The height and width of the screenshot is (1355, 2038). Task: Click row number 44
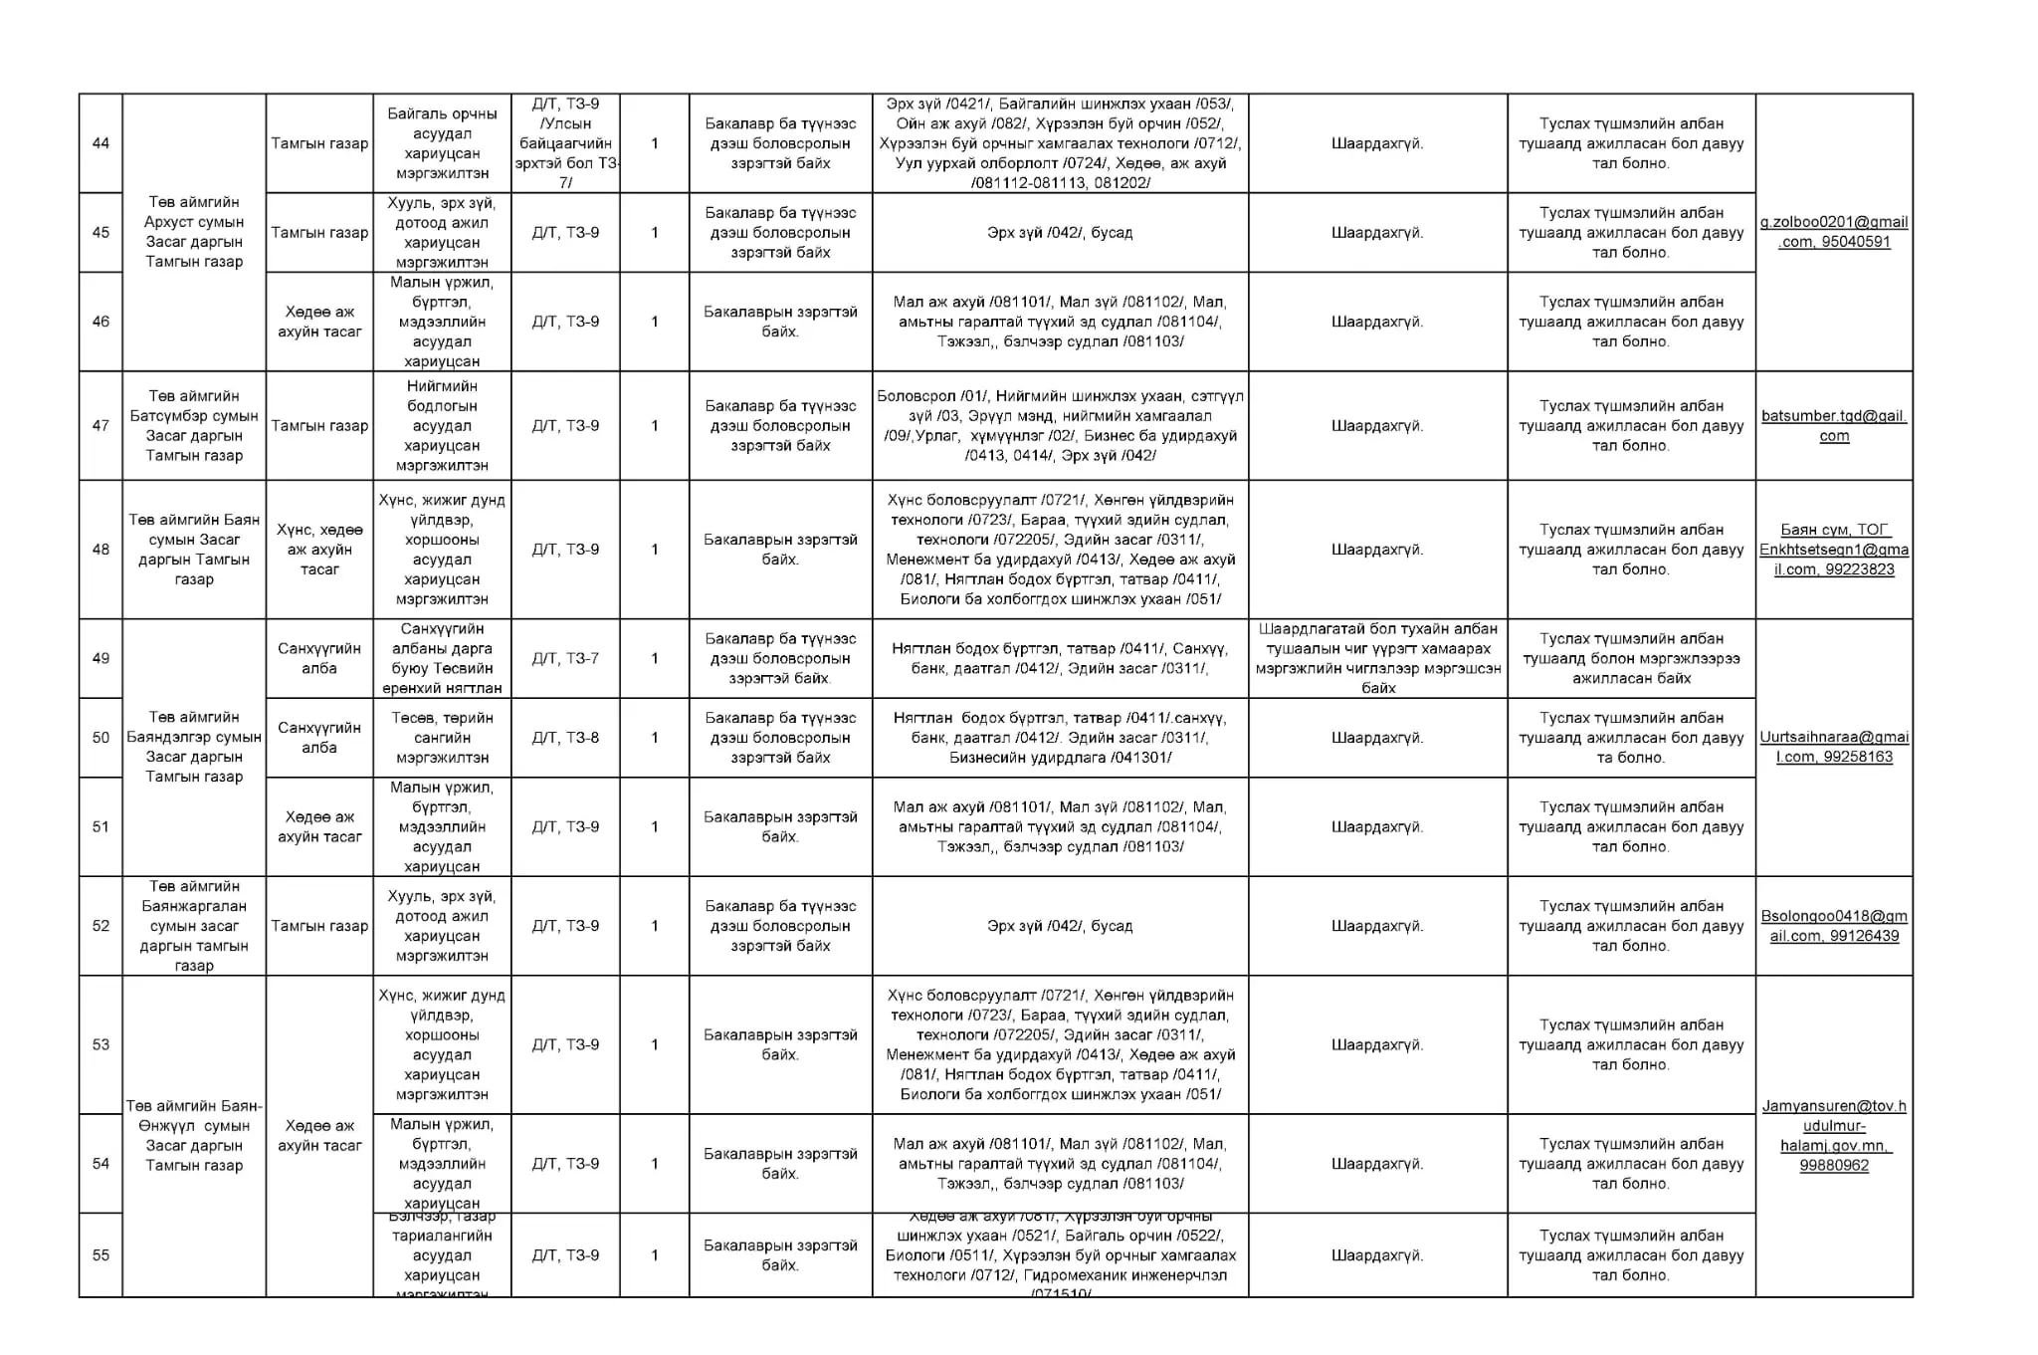pyautogui.click(x=101, y=143)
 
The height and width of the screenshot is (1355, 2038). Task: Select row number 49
pyautogui.click(x=101, y=658)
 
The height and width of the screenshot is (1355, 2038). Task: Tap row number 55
pyautogui.click(x=101, y=1255)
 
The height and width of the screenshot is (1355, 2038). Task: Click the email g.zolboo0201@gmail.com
pyautogui.click(x=1833, y=232)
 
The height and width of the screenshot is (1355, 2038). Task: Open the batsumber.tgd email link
pyautogui.click(x=1833, y=426)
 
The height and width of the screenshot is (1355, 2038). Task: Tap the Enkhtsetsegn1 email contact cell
pyautogui.click(x=1833, y=550)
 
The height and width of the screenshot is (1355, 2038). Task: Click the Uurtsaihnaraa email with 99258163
pyautogui.click(x=1833, y=747)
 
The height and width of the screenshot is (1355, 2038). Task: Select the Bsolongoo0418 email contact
pyautogui.click(x=1833, y=926)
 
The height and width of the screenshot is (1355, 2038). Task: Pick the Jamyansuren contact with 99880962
pyautogui.click(x=1833, y=1135)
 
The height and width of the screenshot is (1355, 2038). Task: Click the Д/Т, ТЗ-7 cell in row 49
pyautogui.click(x=565, y=658)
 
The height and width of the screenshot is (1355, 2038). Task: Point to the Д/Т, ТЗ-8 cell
pyautogui.click(x=565, y=738)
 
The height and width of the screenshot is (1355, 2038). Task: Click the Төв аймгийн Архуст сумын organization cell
pyautogui.click(x=194, y=232)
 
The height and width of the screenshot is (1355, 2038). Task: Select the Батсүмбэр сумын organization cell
pyautogui.click(x=194, y=426)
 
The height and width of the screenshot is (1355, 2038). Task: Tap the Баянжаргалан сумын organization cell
pyautogui.click(x=194, y=926)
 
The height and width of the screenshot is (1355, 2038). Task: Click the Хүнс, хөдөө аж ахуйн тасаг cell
pyautogui.click(x=319, y=550)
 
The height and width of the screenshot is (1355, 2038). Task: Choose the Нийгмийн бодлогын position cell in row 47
pyautogui.click(x=442, y=426)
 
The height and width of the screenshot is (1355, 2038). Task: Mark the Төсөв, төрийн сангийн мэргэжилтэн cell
pyautogui.click(x=442, y=738)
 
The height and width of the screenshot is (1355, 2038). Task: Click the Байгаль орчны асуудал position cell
pyautogui.click(x=442, y=143)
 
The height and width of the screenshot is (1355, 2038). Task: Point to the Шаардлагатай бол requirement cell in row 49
pyautogui.click(x=1377, y=658)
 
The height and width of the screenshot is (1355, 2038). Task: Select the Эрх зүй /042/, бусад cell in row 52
pyautogui.click(x=1059, y=926)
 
